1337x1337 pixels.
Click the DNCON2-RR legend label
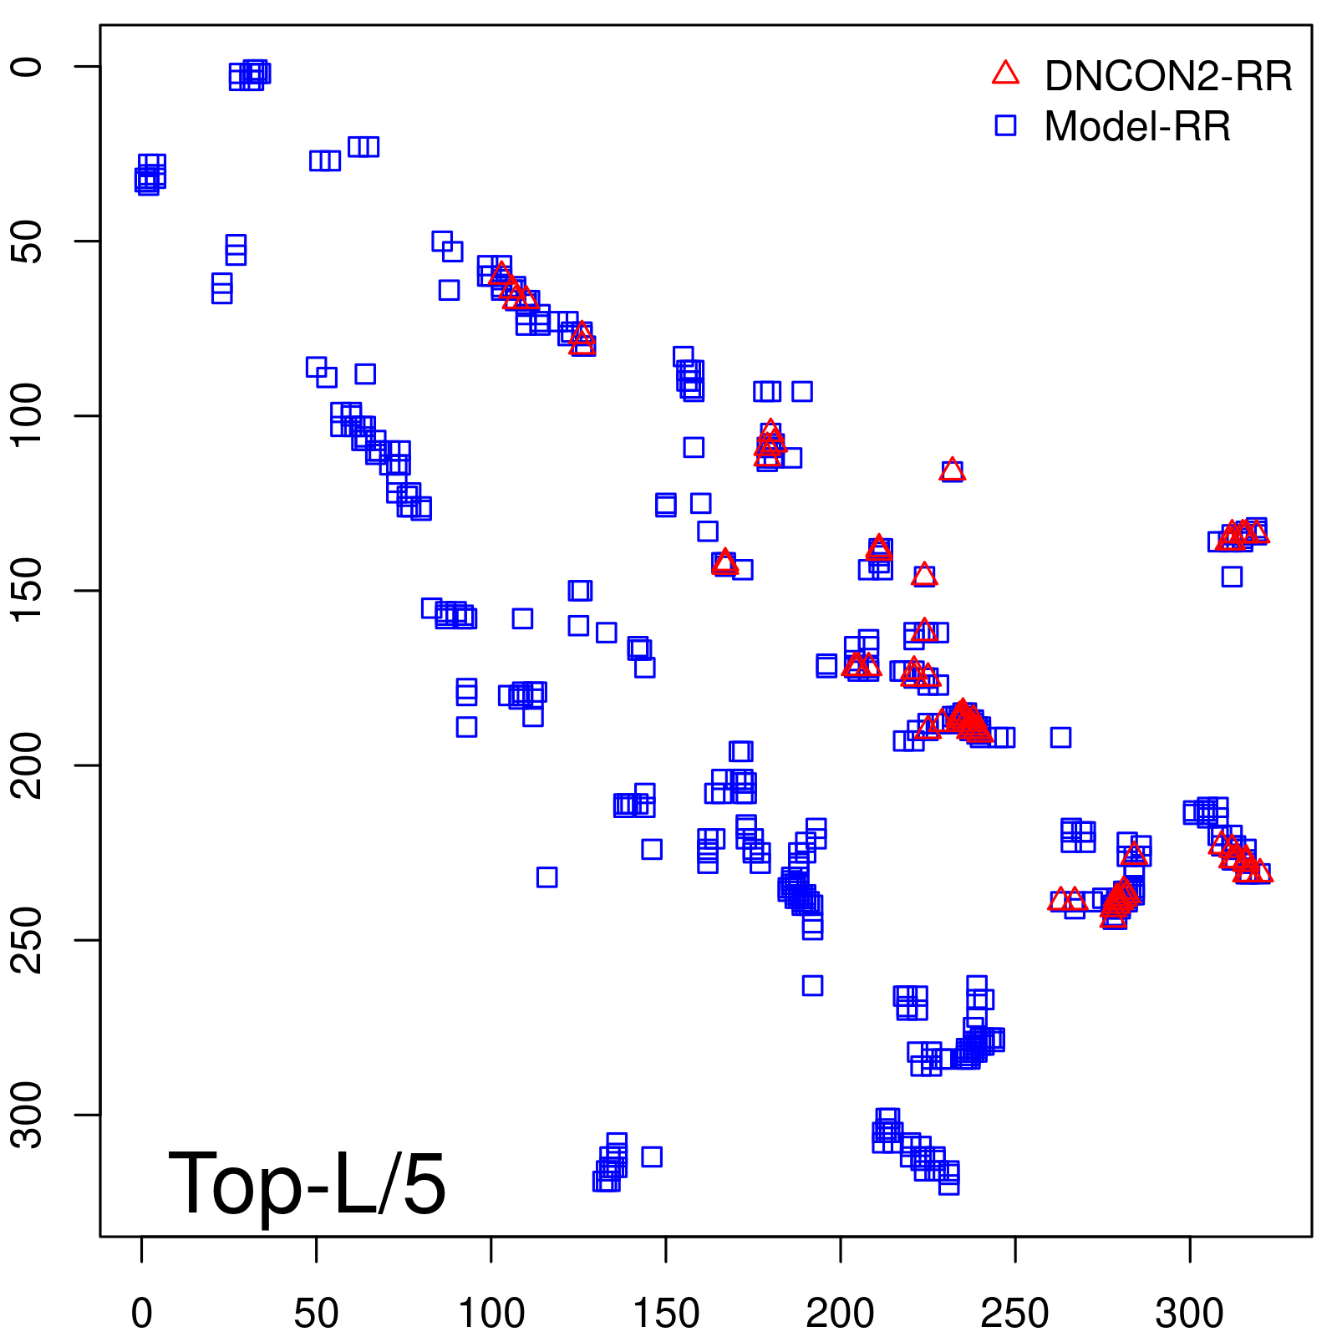click(1167, 76)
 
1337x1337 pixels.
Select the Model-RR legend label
click(1137, 127)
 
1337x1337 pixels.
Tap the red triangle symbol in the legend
click(1005, 74)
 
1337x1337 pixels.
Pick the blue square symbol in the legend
click(1005, 125)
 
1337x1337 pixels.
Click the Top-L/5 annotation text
click(307, 1183)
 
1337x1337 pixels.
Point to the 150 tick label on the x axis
click(666, 1313)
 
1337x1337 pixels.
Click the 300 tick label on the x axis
click(1190, 1313)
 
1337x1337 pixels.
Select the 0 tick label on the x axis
click(142, 1313)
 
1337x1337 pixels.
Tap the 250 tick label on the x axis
click(1015, 1313)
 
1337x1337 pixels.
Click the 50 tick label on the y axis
click(28, 241)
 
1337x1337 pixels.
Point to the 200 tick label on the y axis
click(28, 765)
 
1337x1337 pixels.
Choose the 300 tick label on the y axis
click(28, 1115)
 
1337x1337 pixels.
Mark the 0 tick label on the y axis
click(28, 67)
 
